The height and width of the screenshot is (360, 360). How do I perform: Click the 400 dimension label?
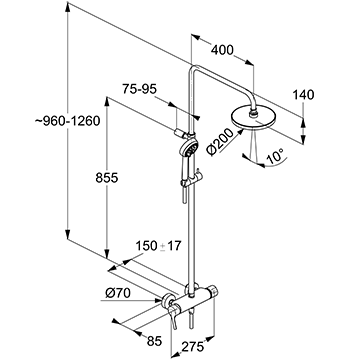point(222,50)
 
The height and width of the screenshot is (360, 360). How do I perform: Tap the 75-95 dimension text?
point(139,89)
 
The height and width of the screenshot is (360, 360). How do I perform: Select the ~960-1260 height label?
point(67,121)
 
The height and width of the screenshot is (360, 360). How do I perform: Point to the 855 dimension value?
point(107,178)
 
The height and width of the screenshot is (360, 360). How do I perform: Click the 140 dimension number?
point(303,95)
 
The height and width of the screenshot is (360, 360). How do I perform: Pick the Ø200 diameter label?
point(220,141)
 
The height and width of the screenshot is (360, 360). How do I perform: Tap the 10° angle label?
point(275,157)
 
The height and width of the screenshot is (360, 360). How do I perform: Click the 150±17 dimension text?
point(158,246)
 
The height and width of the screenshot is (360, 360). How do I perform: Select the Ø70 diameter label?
point(118,293)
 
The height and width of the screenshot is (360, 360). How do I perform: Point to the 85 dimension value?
point(154,341)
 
